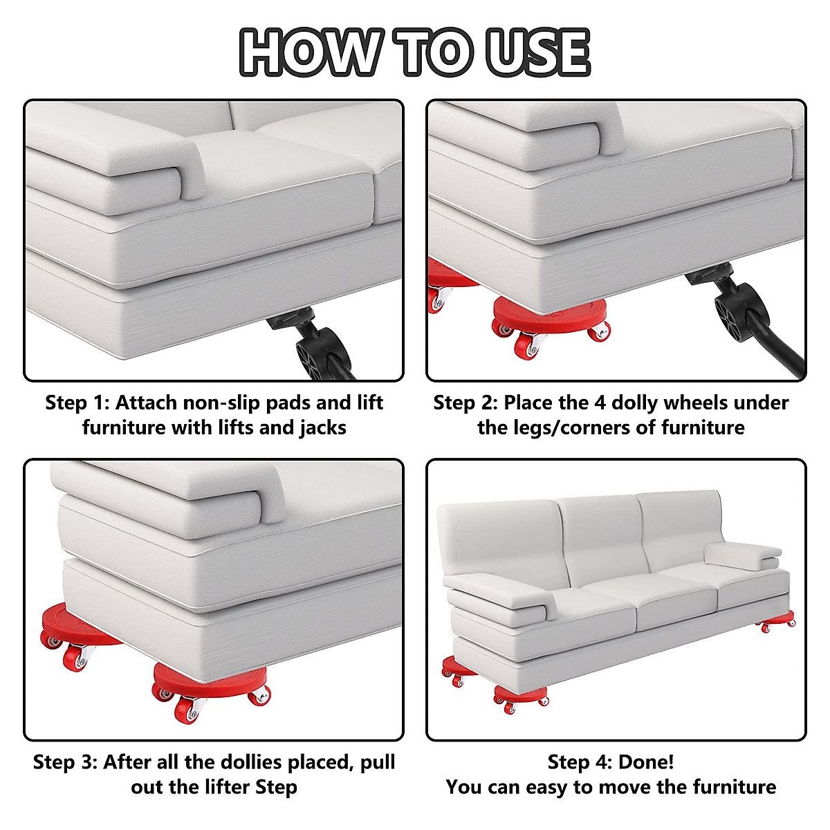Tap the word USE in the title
click(538, 52)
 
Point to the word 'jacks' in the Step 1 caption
click(323, 428)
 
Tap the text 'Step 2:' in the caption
click(465, 403)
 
